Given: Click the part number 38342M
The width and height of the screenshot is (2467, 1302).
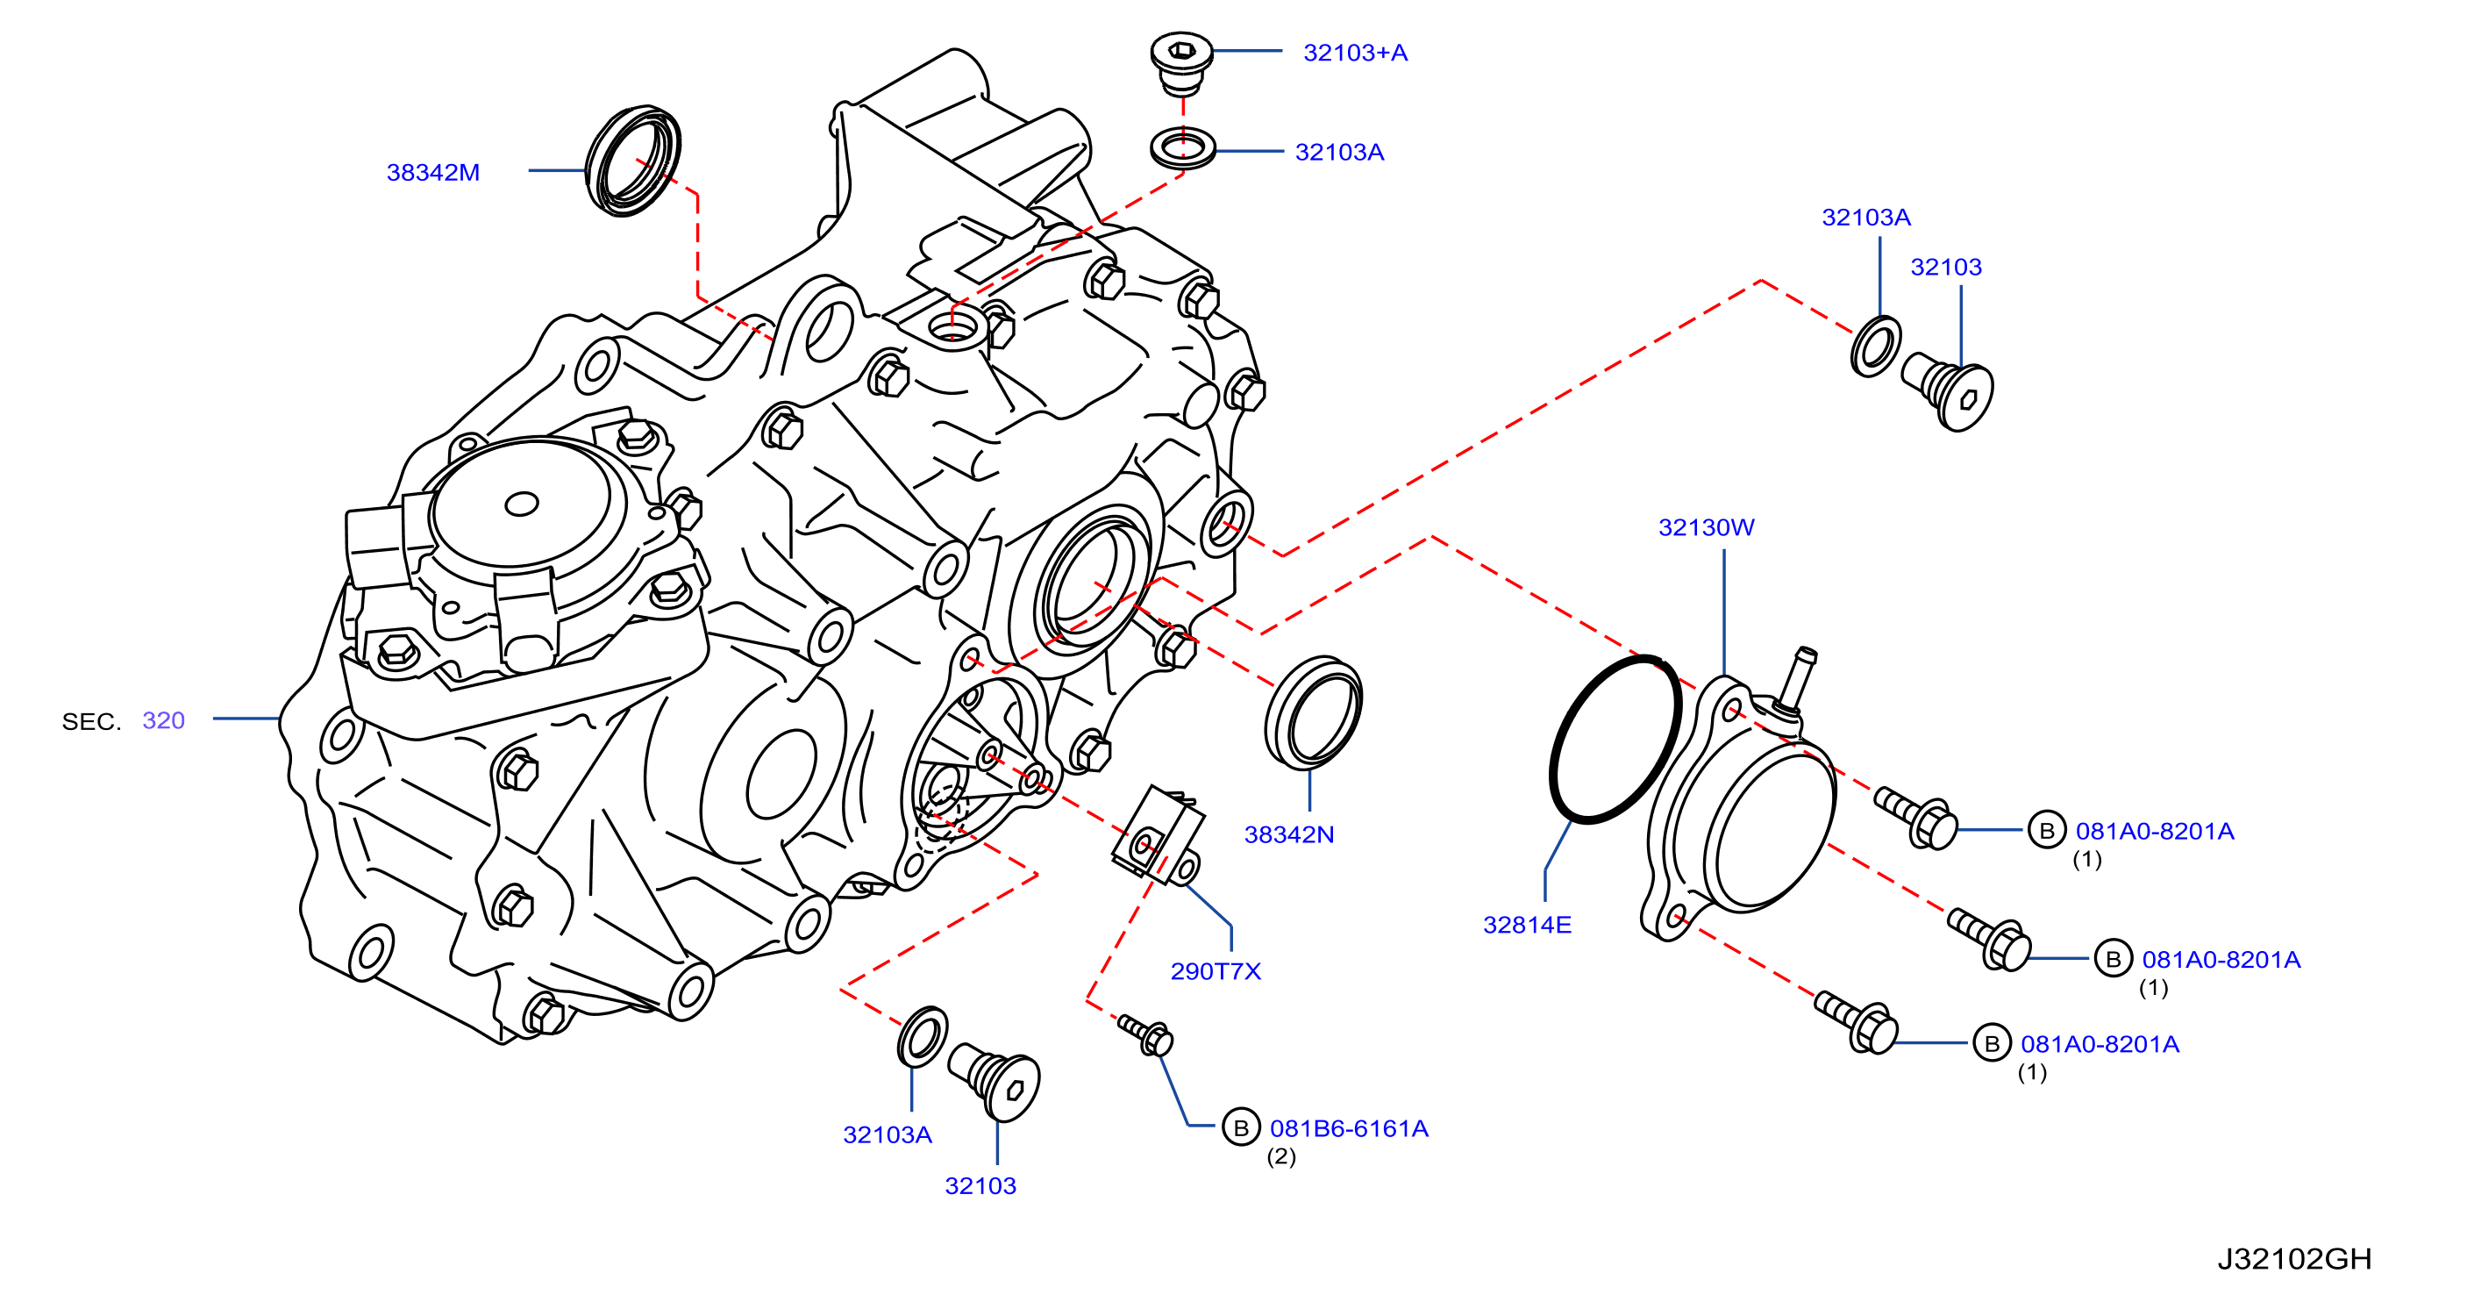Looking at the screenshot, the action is (433, 173).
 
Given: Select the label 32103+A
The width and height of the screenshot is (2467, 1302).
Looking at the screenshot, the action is (1355, 53).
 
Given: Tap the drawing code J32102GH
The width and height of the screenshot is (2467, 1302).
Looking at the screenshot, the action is (2294, 1258).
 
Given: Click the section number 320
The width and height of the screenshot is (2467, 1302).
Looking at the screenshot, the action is (164, 720).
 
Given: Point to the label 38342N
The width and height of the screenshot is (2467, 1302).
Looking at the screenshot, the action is (1289, 834).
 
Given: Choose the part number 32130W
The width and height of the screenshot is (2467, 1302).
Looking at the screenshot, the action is (1707, 527).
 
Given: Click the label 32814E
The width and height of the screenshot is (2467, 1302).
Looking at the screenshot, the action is (1528, 925).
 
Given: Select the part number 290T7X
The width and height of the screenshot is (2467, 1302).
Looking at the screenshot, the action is (1216, 971).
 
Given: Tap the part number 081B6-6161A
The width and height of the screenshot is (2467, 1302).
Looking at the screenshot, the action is (1350, 1128).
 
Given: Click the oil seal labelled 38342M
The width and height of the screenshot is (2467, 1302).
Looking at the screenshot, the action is (633, 161).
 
